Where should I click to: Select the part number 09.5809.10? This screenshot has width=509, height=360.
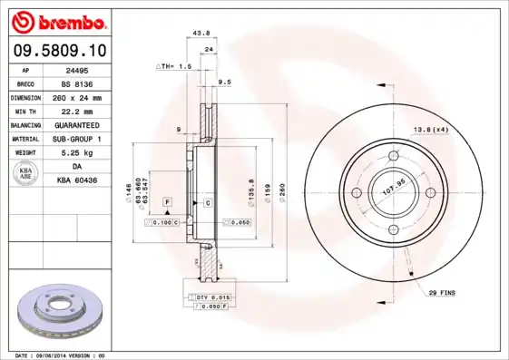tap(60, 52)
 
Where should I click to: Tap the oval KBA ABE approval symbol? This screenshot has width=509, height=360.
tap(26, 174)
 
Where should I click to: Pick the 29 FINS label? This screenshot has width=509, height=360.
tap(442, 293)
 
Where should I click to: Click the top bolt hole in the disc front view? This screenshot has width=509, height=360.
tap(393, 157)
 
